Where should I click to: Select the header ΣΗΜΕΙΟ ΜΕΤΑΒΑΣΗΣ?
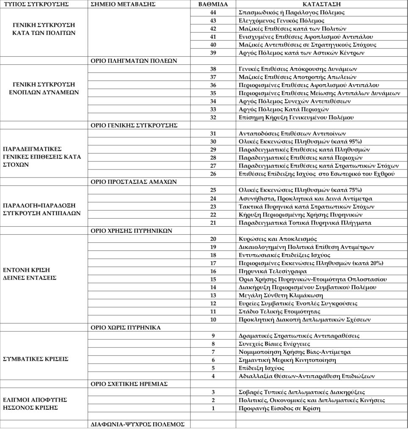tap(123, 4)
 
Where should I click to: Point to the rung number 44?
tap(213, 12)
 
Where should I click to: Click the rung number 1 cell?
tap(213, 408)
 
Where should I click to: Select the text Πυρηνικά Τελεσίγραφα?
tap(273, 271)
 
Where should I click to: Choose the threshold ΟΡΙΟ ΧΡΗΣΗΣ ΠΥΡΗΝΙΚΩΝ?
tap(132, 231)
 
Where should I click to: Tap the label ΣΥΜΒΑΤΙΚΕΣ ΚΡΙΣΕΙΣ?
tap(36, 359)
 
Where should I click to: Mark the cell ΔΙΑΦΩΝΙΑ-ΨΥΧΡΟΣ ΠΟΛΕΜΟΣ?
tap(138, 424)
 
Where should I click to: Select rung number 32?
tap(213, 117)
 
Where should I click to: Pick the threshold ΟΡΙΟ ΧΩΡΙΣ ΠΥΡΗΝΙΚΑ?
tap(126, 327)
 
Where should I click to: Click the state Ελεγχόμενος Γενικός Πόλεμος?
tap(281, 20)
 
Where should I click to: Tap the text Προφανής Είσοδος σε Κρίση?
tap(279, 408)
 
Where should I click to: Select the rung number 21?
tap(213, 222)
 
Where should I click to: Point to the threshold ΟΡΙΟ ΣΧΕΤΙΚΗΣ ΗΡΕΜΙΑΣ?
tap(129, 384)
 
